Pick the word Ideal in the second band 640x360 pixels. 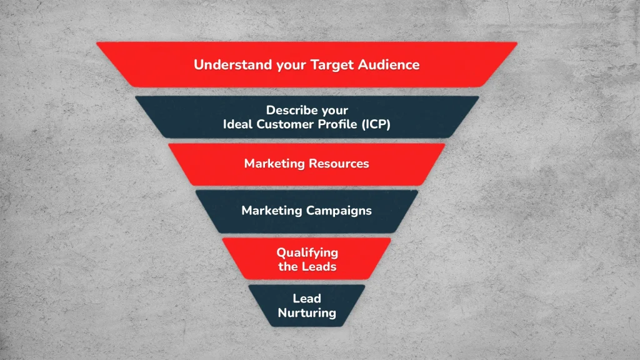[x=237, y=124]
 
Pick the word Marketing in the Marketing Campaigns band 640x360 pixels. [x=271, y=211]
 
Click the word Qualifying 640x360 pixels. [x=307, y=253]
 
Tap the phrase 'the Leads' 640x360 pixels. [x=307, y=267]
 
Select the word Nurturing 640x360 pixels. [x=307, y=312]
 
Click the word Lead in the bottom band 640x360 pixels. [x=307, y=299]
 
